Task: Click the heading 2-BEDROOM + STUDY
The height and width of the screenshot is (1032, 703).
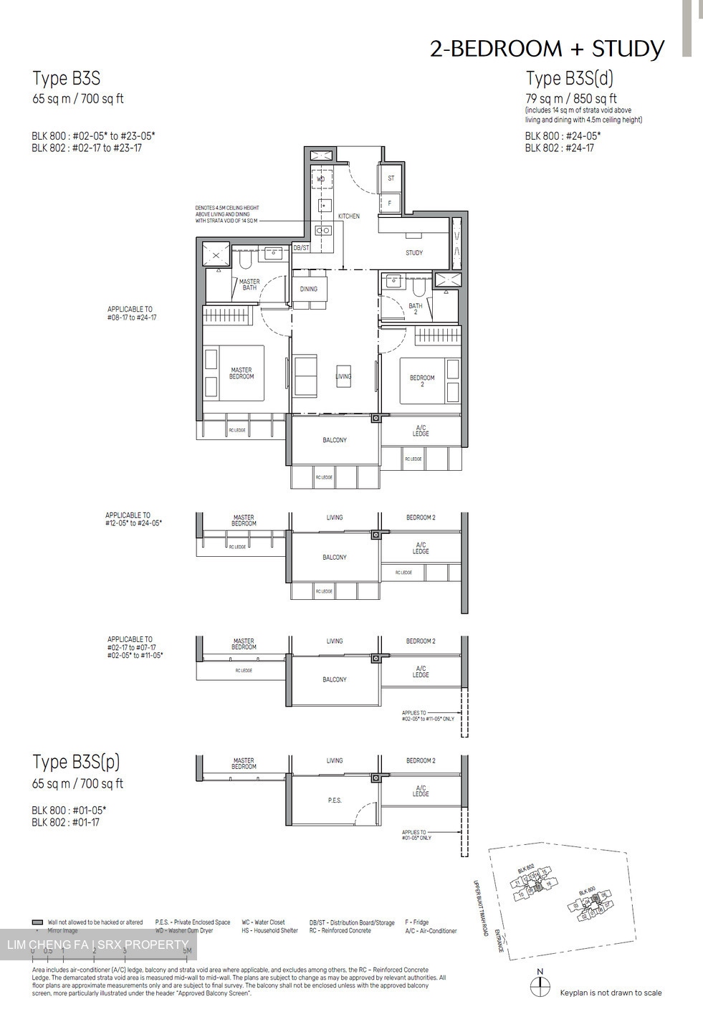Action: point(547,49)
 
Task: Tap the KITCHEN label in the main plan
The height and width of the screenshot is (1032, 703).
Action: point(349,216)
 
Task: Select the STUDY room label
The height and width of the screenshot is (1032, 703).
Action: point(414,253)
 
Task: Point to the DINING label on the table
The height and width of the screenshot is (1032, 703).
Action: point(309,289)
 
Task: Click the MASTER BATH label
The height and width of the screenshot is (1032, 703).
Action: point(249,285)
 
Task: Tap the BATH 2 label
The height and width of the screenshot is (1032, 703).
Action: point(416,309)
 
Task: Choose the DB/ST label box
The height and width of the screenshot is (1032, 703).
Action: point(302,248)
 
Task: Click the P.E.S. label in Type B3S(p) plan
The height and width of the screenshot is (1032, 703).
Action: point(335,801)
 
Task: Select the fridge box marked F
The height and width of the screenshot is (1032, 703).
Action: point(390,203)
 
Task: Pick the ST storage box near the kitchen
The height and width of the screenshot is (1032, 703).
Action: point(391,178)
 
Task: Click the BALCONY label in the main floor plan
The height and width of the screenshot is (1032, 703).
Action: point(335,440)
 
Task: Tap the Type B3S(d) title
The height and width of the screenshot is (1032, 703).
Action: point(569,78)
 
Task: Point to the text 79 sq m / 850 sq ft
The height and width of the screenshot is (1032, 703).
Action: point(570,99)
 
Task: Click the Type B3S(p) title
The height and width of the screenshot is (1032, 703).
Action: point(76,762)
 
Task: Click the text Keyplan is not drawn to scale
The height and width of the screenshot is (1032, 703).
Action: point(611,993)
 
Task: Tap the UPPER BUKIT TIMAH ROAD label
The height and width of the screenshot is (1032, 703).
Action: point(480,907)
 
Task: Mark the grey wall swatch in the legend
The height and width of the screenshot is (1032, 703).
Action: point(38,922)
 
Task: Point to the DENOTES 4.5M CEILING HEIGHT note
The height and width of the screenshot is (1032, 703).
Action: point(227,214)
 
